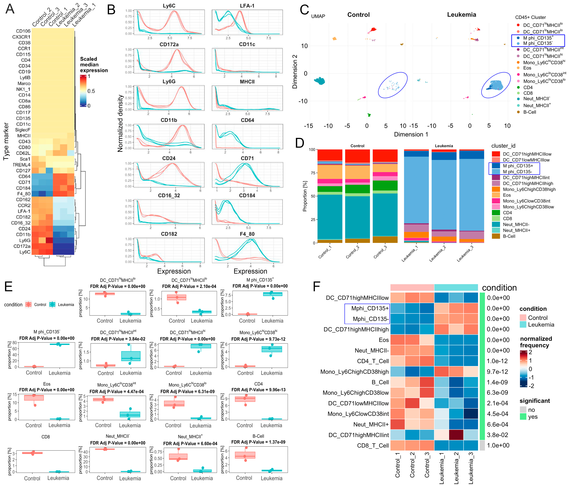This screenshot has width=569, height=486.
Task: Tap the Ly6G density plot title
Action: point(169,82)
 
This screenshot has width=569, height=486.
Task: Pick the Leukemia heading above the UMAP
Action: point(461,15)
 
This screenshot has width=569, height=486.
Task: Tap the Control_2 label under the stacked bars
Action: point(352,252)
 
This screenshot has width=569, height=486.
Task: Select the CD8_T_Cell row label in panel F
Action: point(373,445)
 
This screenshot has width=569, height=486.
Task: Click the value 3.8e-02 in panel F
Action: point(498,435)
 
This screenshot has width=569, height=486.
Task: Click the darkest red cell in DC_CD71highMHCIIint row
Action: point(456,435)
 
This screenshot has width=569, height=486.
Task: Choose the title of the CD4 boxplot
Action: point(258,384)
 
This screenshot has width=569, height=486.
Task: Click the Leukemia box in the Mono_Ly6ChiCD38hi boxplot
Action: point(272,349)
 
